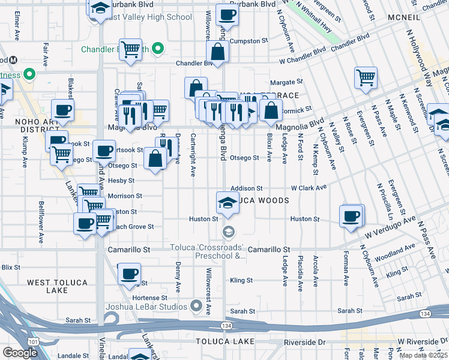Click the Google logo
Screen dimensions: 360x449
[20, 353]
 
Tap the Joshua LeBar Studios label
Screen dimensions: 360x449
[148, 307]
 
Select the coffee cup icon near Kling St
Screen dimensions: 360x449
[129, 274]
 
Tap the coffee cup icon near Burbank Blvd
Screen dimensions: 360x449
[227, 14]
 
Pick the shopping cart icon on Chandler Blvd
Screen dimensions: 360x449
[130, 50]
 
